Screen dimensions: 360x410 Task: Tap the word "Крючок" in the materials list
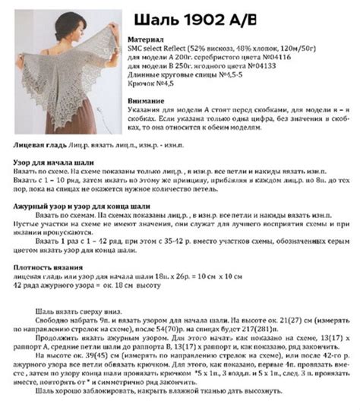point(142,84)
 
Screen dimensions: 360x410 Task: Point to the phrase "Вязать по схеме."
point(36,172)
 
